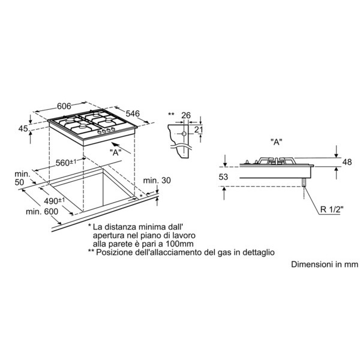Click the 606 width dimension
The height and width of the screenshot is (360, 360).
64,106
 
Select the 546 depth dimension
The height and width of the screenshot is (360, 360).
133,113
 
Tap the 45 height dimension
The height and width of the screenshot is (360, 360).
23,128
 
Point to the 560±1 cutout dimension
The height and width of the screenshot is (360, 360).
67,163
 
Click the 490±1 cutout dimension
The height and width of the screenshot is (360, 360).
55,201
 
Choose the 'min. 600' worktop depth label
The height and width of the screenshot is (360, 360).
42,211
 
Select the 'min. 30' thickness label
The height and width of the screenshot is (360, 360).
157,181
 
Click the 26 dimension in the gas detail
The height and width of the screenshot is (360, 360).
186,115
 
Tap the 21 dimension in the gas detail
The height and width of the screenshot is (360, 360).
199,130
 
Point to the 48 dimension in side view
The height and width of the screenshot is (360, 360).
347,162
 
